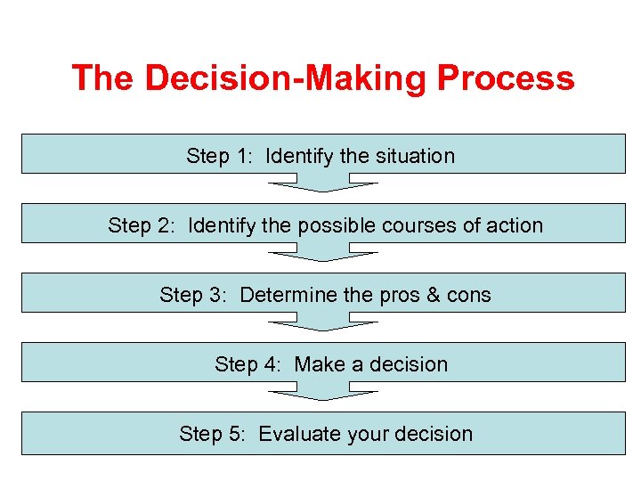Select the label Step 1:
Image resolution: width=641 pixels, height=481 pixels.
click(220, 156)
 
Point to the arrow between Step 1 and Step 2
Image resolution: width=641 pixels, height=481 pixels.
click(323, 185)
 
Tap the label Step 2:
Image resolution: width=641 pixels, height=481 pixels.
click(142, 225)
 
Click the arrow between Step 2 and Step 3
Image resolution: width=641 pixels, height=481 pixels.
click(323, 255)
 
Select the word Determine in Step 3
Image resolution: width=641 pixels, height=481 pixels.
click(287, 295)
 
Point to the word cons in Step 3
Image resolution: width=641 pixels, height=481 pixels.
click(469, 295)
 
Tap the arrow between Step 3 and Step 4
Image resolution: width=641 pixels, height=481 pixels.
click(323, 324)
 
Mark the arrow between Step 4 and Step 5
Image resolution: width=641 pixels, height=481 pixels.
click(323, 394)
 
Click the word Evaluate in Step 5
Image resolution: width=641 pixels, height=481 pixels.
click(299, 434)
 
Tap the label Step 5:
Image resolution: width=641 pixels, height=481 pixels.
click(213, 434)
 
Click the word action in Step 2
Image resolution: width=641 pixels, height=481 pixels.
click(515, 225)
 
